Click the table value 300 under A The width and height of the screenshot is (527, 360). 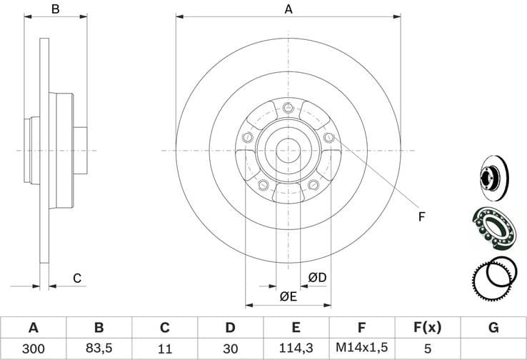(x=33, y=350)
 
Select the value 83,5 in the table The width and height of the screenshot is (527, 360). (x=99, y=350)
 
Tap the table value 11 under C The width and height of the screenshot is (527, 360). (x=164, y=350)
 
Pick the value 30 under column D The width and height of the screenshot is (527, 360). (x=230, y=350)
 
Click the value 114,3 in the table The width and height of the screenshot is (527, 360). (x=296, y=350)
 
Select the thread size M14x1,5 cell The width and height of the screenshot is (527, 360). (x=361, y=350)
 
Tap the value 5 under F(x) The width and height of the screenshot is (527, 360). (x=427, y=350)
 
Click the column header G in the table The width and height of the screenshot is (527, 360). (x=493, y=328)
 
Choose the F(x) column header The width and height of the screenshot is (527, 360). (x=427, y=328)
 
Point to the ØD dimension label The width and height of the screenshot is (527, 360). (x=317, y=277)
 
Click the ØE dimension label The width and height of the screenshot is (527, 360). (x=288, y=296)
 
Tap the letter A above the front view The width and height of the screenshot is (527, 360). (x=289, y=9)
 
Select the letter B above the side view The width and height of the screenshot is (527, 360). (x=54, y=9)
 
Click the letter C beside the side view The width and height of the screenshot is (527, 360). (x=78, y=278)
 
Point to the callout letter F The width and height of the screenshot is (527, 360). (x=421, y=216)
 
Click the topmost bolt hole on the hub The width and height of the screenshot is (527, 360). (x=288, y=109)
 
